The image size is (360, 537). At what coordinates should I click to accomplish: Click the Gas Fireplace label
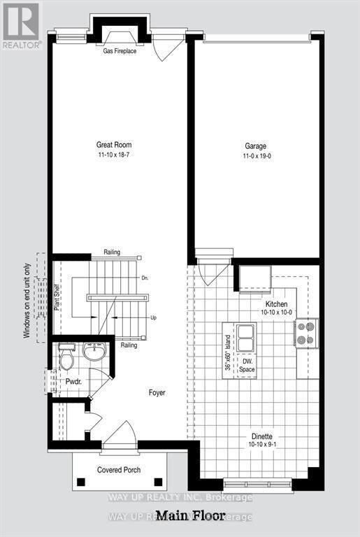[x=120, y=52]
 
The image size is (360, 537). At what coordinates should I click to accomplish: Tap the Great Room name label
[x=114, y=145]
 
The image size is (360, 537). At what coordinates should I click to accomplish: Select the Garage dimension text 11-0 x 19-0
[x=257, y=156]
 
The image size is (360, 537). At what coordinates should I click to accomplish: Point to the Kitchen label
[x=275, y=304]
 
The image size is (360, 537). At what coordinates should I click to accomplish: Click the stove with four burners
[x=307, y=332]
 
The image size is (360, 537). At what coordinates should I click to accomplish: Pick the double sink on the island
[x=245, y=338]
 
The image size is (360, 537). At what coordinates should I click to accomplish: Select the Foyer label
[x=157, y=393]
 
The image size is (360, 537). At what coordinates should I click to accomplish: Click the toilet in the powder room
[x=67, y=358]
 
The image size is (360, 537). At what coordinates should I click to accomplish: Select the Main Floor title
[x=190, y=517]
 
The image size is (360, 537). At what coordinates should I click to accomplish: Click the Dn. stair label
[x=145, y=278]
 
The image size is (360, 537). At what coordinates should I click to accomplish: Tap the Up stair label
[x=153, y=317]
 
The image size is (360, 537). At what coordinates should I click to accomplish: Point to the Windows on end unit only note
[x=27, y=301]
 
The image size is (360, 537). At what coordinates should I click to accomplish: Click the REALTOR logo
[x=21, y=26]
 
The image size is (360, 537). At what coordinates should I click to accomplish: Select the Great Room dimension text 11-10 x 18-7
[x=114, y=156]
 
